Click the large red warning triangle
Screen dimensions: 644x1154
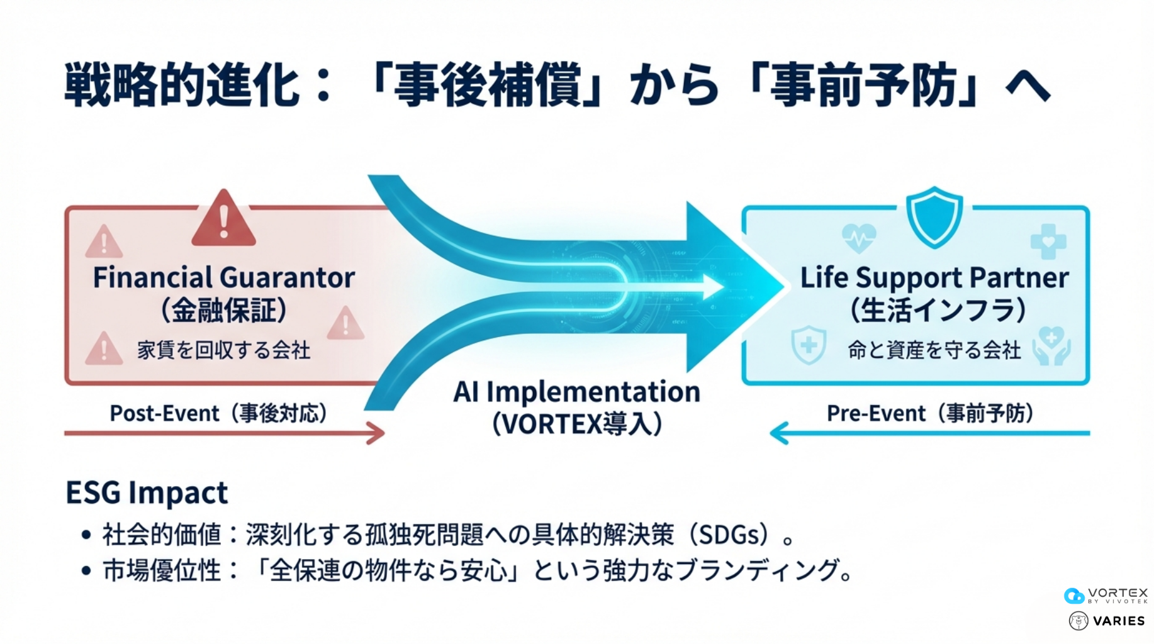click(223, 219)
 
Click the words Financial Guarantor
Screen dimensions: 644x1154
click(223, 277)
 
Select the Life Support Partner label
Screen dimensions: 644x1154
click(934, 277)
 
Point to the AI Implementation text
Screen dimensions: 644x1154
click(576, 392)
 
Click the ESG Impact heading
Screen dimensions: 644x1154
click(147, 492)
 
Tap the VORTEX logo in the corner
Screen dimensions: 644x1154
click(1106, 595)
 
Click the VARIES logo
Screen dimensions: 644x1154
click(1107, 621)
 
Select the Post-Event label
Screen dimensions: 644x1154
click(164, 413)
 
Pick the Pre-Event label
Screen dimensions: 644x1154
click(876, 413)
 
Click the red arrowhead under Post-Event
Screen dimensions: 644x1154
click(377, 433)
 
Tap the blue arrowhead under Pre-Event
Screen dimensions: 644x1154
click(779, 433)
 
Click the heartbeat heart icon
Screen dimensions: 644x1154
click(858, 238)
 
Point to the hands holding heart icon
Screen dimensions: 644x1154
click(1051, 345)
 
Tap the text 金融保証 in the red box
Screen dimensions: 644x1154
click(224, 310)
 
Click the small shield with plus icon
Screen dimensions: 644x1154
click(809, 345)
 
